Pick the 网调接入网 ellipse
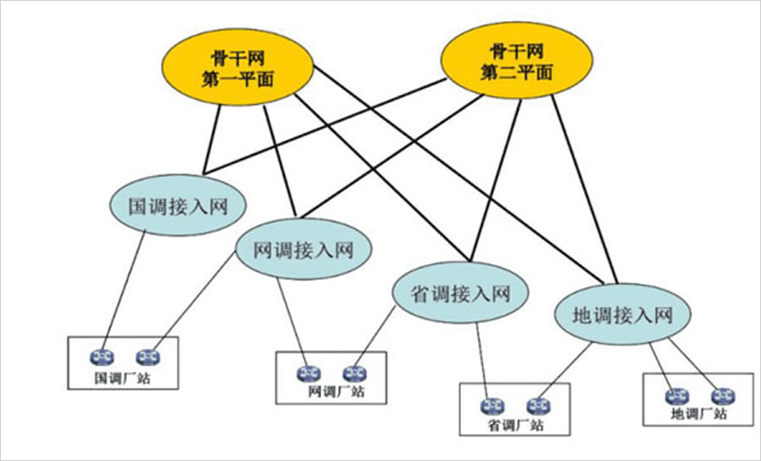pos(303,250)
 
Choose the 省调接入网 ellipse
pos(461,294)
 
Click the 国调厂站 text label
pos(122,377)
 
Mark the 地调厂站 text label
pos(698,414)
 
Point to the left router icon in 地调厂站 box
pos(676,395)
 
